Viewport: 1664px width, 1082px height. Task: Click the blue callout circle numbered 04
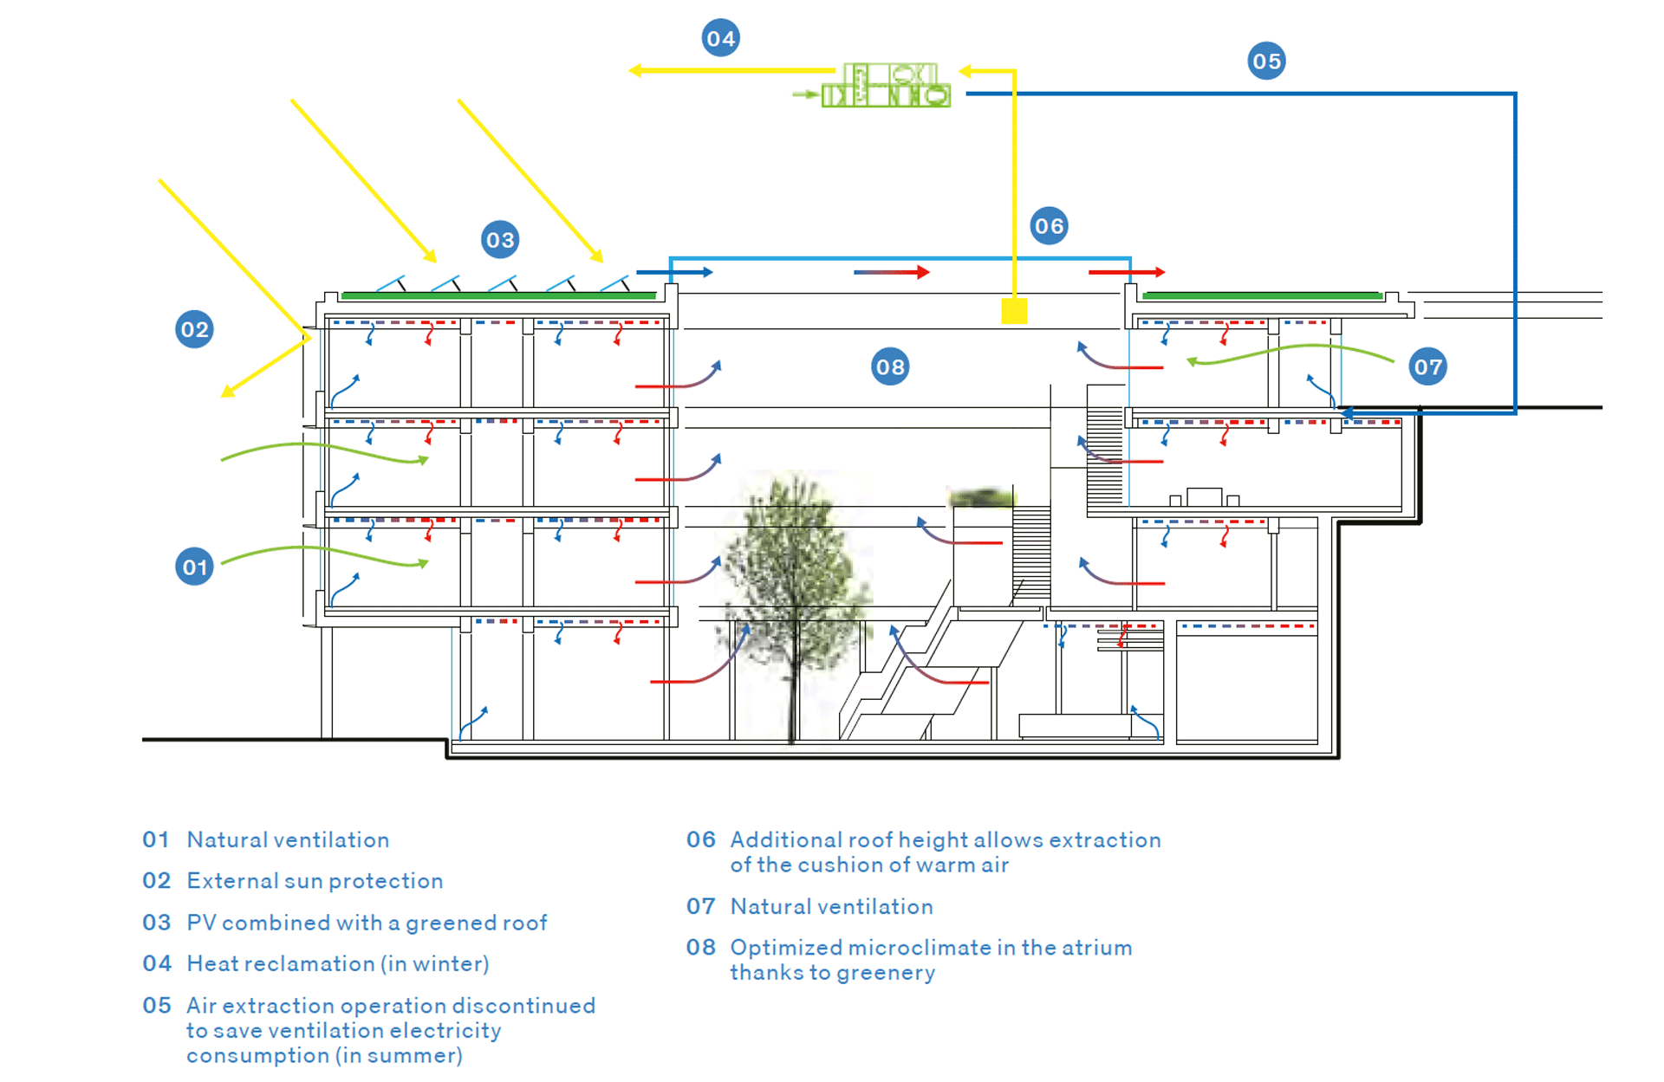[720, 38]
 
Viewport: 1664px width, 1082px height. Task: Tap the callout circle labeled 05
[1266, 62]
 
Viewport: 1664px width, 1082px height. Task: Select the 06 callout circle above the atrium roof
[1049, 226]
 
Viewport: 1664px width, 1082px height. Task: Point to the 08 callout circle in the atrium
[890, 367]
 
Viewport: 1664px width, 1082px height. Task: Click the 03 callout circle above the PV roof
[500, 240]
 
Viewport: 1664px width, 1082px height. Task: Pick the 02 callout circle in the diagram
[194, 329]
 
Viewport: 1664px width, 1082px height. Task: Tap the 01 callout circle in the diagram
[194, 567]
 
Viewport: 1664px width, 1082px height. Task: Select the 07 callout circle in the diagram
[1427, 367]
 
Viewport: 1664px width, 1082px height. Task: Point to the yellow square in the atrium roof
[1014, 311]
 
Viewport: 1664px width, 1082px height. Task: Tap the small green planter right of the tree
[981, 498]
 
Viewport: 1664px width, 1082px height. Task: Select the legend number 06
[700, 839]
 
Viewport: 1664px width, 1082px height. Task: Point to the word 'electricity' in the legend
[445, 1031]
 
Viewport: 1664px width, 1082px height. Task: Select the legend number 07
[700, 906]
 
